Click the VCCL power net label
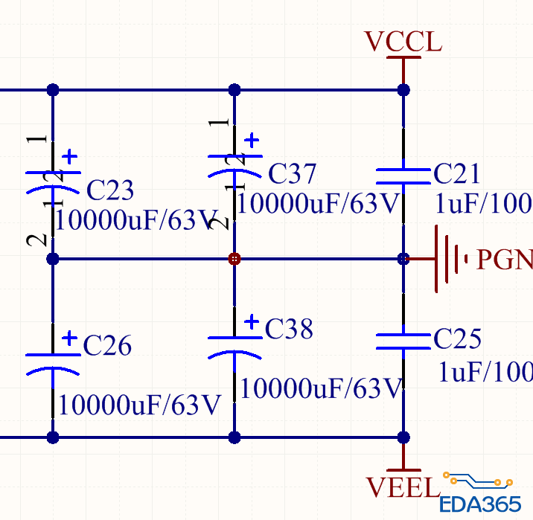[403, 42]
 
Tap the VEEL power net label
[403, 487]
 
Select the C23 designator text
[110, 190]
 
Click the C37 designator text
[293, 174]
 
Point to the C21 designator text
[457, 174]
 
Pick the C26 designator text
[107, 345]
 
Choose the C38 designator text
[289, 329]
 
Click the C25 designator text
[457, 339]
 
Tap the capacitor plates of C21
[403, 175]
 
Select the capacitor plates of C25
[403, 341]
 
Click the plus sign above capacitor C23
[70, 156]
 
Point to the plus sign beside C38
[252, 321]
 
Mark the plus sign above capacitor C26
[69, 338]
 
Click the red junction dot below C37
[234, 259]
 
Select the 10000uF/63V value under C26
[140, 405]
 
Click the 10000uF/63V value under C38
[322, 388]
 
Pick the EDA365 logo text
[479, 504]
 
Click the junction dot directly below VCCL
[403, 90]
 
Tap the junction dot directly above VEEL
[403, 437]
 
